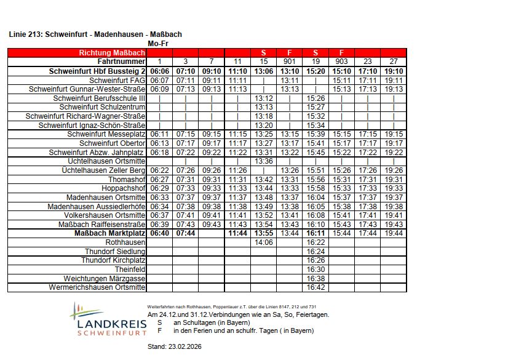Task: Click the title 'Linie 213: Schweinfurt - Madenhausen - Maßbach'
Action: (x=95, y=34)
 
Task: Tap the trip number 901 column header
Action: (x=290, y=62)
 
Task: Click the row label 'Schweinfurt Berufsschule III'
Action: (x=100, y=98)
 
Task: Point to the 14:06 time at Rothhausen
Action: (x=263, y=242)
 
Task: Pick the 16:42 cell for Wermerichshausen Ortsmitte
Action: (x=316, y=287)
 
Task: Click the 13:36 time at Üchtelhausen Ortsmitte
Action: (x=263, y=161)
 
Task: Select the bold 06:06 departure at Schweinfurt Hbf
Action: (x=159, y=71)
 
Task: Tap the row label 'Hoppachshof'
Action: (x=124, y=188)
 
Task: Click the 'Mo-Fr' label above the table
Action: (x=158, y=44)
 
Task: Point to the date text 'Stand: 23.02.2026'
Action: (x=174, y=346)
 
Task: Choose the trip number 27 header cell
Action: (x=394, y=62)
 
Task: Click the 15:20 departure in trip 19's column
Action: (x=316, y=71)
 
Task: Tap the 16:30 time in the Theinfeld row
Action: (x=316, y=270)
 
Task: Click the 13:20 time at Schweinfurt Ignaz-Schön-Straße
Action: (x=263, y=126)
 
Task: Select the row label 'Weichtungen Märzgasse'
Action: (x=104, y=279)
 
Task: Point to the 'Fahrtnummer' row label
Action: (x=122, y=62)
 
